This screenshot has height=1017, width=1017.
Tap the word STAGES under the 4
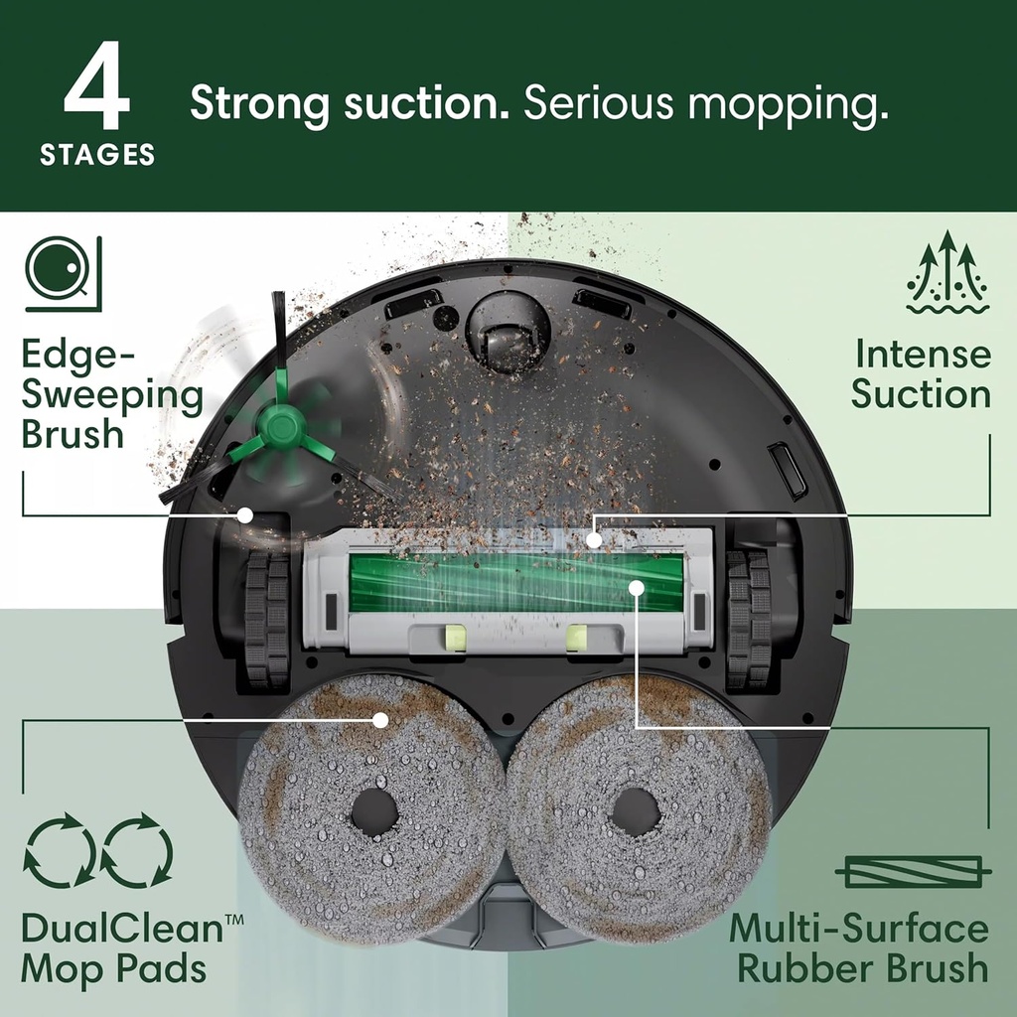(x=97, y=156)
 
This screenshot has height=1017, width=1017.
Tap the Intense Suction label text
(x=922, y=374)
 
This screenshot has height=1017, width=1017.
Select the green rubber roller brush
(x=516, y=584)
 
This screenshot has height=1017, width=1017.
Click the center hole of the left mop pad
(x=374, y=812)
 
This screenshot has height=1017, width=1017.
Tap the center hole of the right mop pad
(x=635, y=812)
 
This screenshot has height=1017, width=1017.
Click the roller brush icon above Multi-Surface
(x=912, y=871)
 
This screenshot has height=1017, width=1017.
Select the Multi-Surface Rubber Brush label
(x=859, y=948)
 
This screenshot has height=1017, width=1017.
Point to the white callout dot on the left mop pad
(x=379, y=719)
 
